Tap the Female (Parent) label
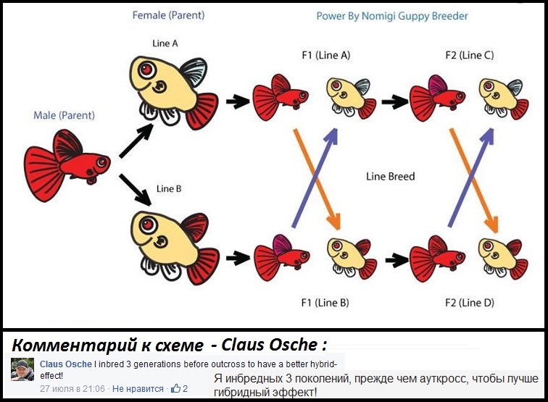[169, 15]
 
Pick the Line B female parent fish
[174, 243]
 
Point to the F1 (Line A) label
[326, 56]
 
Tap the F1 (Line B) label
[325, 302]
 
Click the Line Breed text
[391, 176]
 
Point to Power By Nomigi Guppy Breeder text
[391, 16]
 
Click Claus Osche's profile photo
[22, 369]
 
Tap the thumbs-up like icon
[175, 389]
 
